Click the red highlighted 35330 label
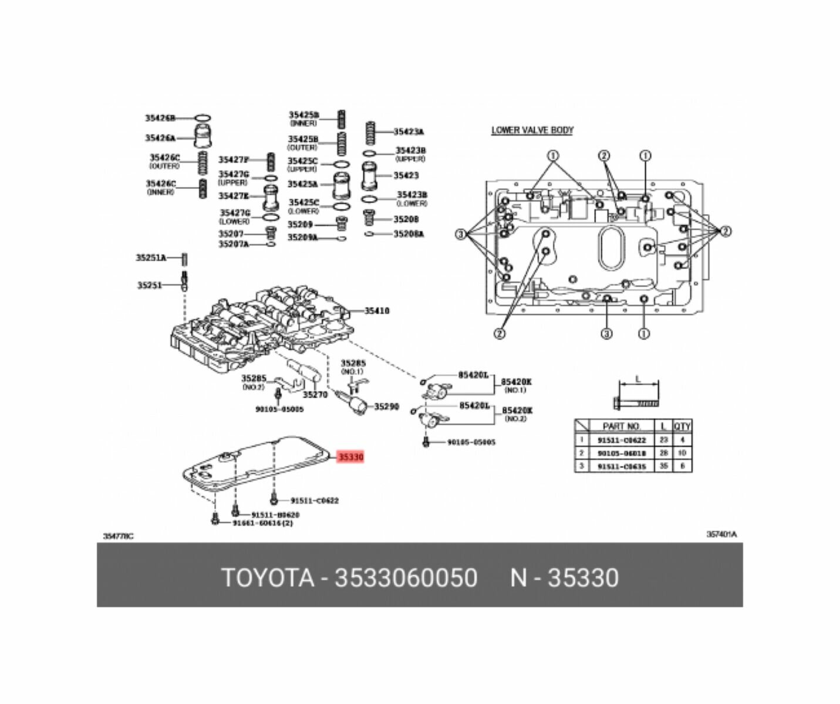pyautogui.click(x=350, y=456)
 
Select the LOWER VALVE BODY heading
pyautogui.click(x=532, y=130)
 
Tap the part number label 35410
pyautogui.click(x=376, y=311)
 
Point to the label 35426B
pyautogui.click(x=160, y=118)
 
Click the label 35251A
pyautogui.click(x=151, y=258)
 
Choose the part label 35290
pyautogui.click(x=386, y=406)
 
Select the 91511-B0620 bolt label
pyautogui.click(x=275, y=515)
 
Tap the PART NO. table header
pyautogui.click(x=622, y=426)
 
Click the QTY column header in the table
pyautogui.click(x=682, y=426)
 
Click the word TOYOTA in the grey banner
pyautogui.click(x=267, y=578)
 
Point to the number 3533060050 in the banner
pyautogui.click(x=406, y=578)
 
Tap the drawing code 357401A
pyautogui.click(x=721, y=534)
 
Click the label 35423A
pyautogui.click(x=409, y=132)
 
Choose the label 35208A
pyautogui.click(x=409, y=234)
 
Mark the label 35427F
pyautogui.click(x=234, y=160)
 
